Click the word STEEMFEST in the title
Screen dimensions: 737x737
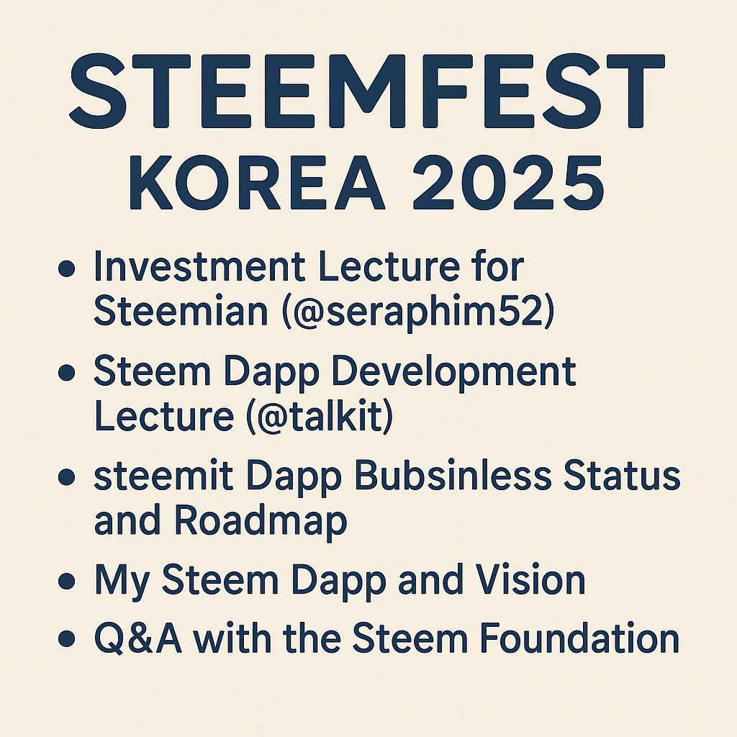point(367,91)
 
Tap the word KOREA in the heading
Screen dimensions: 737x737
point(257,183)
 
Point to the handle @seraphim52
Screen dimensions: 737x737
point(418,312)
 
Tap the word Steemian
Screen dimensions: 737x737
point(181,311)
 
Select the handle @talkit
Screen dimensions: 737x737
point(319,416)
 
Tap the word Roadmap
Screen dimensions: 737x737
point(260,523)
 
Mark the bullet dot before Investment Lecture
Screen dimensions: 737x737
point(67,268)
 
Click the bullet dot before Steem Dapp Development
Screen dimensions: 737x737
point(67,373)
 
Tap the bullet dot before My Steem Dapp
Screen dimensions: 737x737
point(67,581)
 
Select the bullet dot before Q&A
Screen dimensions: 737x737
point(67,639)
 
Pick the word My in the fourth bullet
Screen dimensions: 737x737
point(122,582)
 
